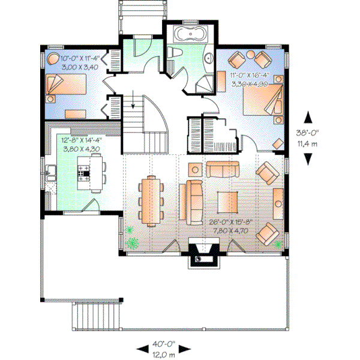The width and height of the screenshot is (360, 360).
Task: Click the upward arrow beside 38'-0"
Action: coord(308,117)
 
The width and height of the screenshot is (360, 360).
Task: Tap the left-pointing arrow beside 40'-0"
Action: coord(143,348)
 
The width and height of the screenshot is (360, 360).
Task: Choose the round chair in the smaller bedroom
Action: coord(55,61)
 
